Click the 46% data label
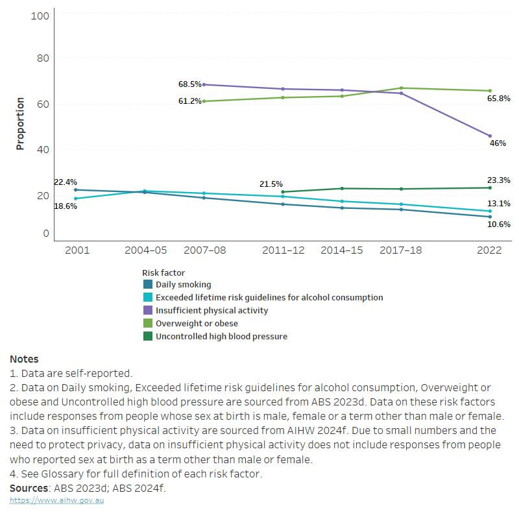498,143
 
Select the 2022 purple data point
490,136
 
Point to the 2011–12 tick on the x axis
283,250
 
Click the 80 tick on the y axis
40,58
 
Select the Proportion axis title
20,124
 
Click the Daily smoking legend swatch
147,285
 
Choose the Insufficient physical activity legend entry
211,311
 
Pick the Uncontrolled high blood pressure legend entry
221,337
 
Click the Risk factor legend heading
163,273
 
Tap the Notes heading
24,359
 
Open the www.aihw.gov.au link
56,500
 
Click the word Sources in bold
30,488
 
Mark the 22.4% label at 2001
65,182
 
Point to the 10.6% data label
498,224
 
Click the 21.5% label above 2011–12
271,184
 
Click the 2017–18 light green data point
402,88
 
